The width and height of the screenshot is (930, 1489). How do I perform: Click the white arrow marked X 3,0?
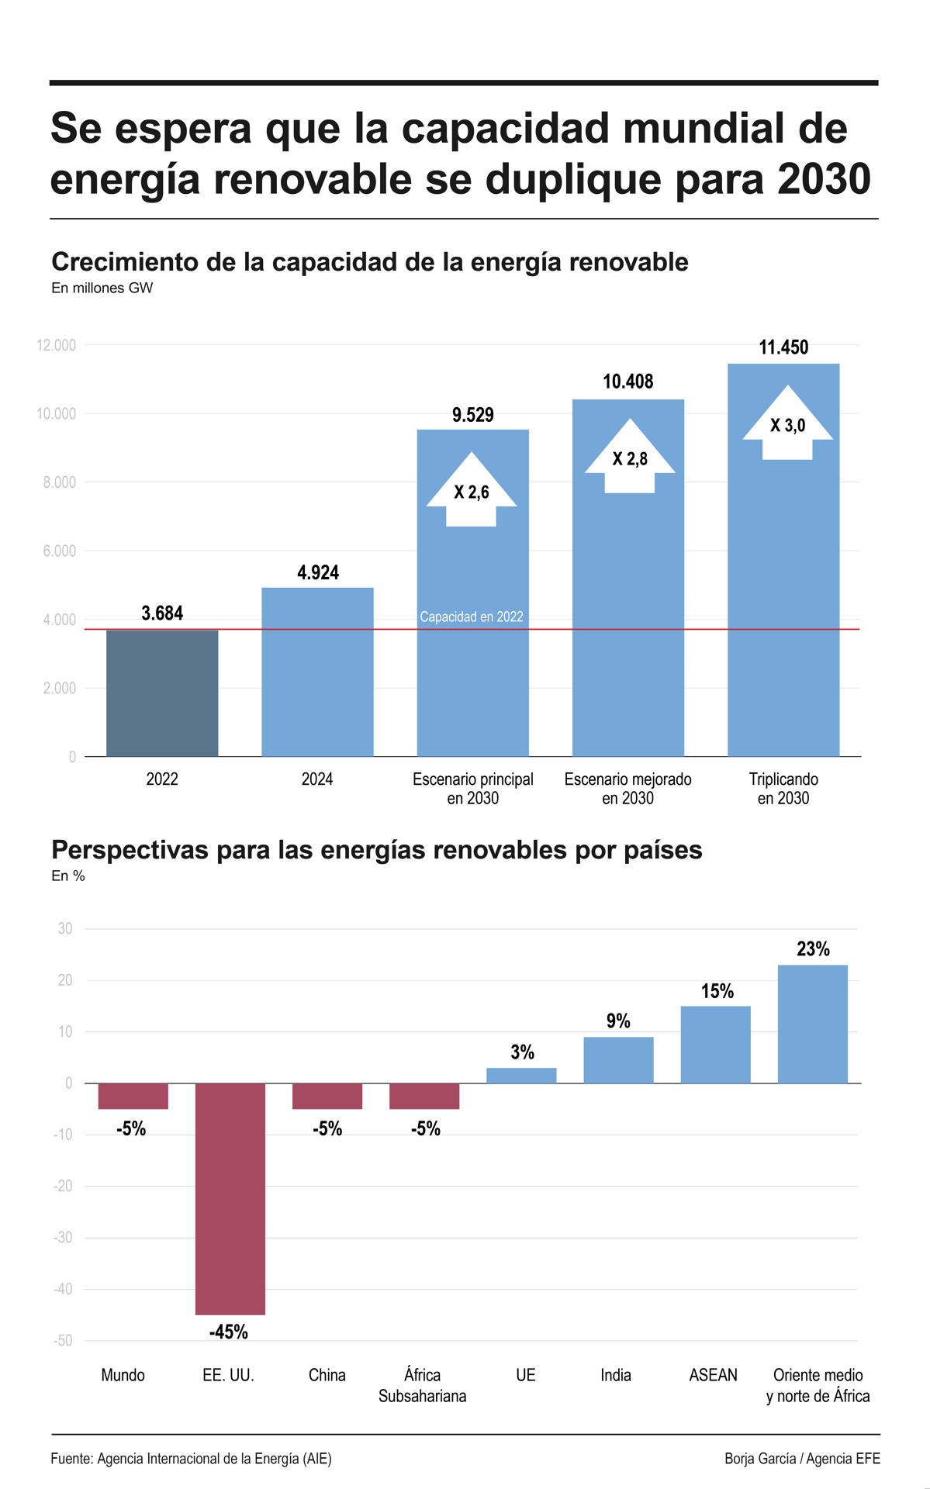tap(787, 425)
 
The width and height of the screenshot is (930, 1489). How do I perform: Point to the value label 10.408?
tap(628, 382)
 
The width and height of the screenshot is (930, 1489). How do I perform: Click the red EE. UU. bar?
tap(230, 1198)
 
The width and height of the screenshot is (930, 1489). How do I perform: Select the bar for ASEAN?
tap(715, 1044)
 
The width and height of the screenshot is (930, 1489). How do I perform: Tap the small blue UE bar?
tap(521, 1075)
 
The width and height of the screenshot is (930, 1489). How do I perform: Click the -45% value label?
tap(229, 1332)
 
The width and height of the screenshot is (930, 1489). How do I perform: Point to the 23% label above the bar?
tap(813, 948)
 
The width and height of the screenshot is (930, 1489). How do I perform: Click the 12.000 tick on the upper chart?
tap(57, 345)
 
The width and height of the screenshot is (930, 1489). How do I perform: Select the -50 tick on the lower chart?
tap(63, 1341)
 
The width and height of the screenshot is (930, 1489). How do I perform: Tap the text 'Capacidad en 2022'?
tap(472, 617)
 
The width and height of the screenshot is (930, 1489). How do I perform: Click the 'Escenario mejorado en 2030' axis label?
tap(627, 789)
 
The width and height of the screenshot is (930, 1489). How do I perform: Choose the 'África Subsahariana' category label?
tap(422, 1385)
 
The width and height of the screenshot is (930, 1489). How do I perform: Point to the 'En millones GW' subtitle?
tap(102, 288)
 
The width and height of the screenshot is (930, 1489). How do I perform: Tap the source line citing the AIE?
tap(191, 1459)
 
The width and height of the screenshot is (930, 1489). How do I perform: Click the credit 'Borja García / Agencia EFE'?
tap(802, 1459)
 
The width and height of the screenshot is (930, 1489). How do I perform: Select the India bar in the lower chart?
tap(618, 1059)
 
